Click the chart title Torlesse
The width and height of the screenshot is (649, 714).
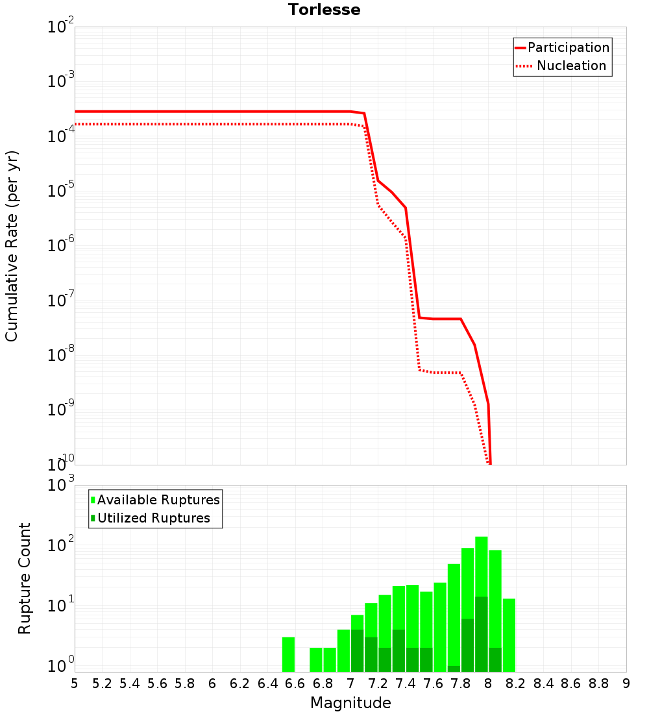point(324,10)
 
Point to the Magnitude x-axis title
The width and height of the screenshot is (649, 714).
point(350,703)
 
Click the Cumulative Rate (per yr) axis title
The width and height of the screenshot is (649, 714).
point(12,245)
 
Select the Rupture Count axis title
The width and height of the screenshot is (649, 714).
point(25,578)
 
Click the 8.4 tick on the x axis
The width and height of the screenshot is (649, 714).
point(543,683)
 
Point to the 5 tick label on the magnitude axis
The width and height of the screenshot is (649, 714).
point(75,683)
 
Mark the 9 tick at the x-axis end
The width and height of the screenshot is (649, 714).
point(626,683)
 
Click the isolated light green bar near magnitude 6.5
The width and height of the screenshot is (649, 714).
point(288,654)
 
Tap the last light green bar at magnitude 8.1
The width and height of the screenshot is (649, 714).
point(509,635)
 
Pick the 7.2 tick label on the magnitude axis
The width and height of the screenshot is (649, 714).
point(378,683)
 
